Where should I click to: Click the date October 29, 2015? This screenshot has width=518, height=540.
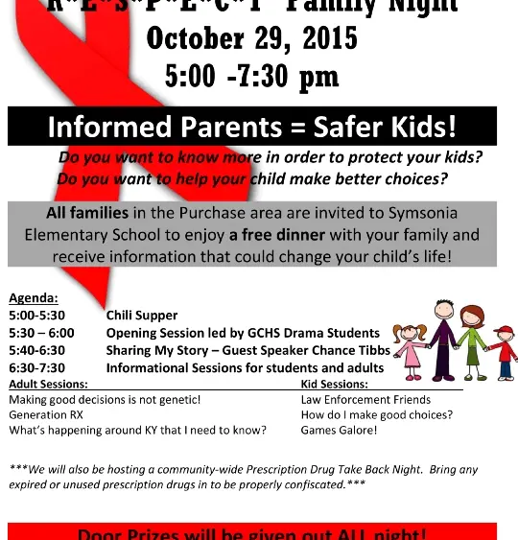click(x=251, y=38)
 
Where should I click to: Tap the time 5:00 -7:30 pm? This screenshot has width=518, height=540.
click(x=252, y=77)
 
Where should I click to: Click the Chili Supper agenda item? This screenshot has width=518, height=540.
click(x=142, y=315)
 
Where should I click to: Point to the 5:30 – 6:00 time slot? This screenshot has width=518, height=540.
click(x=41, y=333)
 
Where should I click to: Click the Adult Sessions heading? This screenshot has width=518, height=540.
click(x=48, y=384)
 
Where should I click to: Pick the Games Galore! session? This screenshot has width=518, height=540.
click(x=339, y=431)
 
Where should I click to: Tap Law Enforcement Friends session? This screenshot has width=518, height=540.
click(x=365, y=400)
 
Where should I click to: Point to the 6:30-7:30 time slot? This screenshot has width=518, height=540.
click(x=36, y=367)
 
